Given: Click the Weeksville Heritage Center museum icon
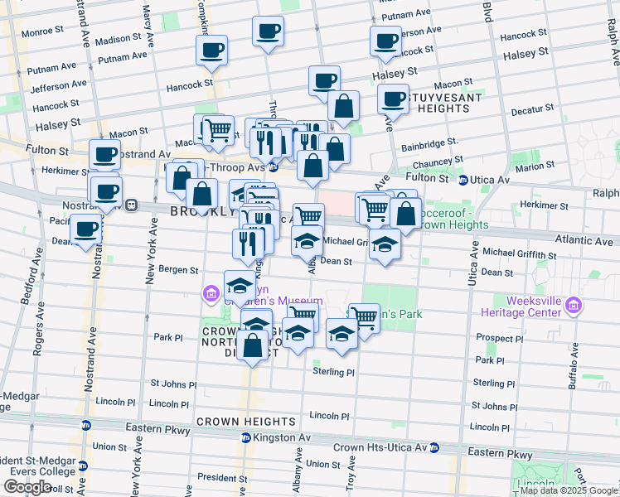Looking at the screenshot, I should point(572,307).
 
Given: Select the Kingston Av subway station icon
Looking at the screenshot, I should point(245,437).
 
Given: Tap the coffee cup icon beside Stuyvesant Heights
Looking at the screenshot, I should point(393,99).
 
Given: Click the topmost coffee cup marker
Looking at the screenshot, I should point(267,31).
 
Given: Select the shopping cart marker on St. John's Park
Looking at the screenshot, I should point(364,316).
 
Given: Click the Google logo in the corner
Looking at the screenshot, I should point(27,487).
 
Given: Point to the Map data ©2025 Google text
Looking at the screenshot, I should point(568,490).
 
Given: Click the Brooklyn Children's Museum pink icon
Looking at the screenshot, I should point(211,292).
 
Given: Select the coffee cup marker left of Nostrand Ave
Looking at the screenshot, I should point(85,229).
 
